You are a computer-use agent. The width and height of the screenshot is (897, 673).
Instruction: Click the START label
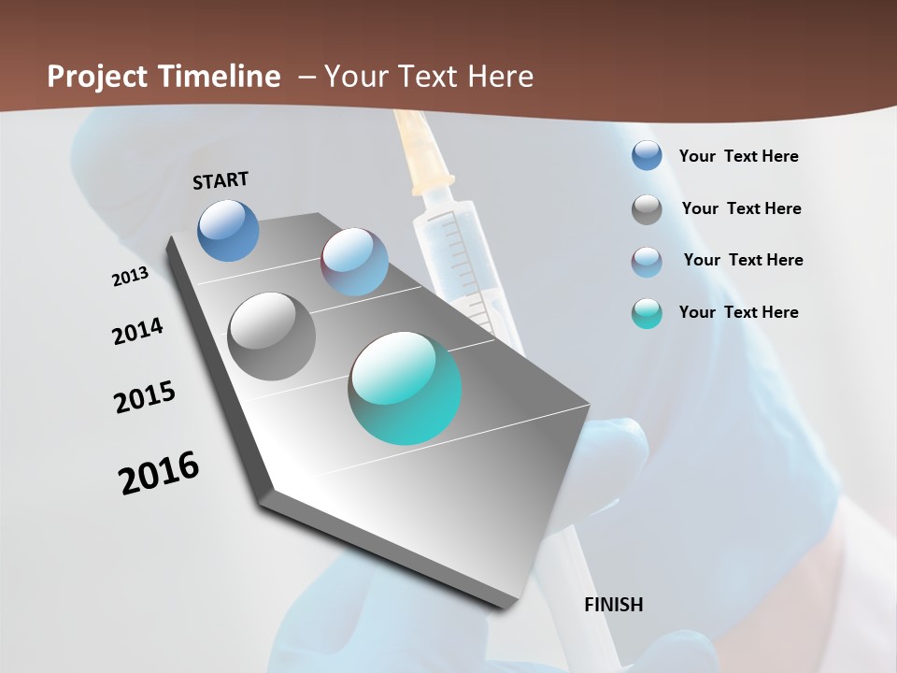tap(221, 180)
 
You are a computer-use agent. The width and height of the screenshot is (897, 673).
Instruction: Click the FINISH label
tap(613, 605)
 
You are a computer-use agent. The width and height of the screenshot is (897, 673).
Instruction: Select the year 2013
tap(130, 277)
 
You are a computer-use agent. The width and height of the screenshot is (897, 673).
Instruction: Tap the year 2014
tap(137, 332)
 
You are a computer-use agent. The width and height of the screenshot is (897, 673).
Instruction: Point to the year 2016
tap(159, 473)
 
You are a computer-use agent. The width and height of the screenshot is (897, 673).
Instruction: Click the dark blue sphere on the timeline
tap(228, 230)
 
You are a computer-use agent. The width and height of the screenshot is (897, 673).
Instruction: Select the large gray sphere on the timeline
tap(272, 336)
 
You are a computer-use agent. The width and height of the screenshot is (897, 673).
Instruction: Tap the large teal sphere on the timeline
tap(405, 387)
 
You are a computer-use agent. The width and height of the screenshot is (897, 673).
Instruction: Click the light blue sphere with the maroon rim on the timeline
tap(354, 262)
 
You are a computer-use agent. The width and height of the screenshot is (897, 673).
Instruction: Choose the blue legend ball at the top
tap(647, 155)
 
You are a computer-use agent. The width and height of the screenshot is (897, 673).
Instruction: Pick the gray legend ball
tap(647, 209)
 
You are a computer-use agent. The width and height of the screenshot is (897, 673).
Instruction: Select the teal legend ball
tap(647, 313)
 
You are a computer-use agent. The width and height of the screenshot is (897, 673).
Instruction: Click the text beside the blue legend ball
tap(738, 156)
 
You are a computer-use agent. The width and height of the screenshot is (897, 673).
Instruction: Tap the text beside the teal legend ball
tap(738, 312)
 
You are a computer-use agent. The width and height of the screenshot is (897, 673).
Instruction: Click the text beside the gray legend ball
tap(741, 208)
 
